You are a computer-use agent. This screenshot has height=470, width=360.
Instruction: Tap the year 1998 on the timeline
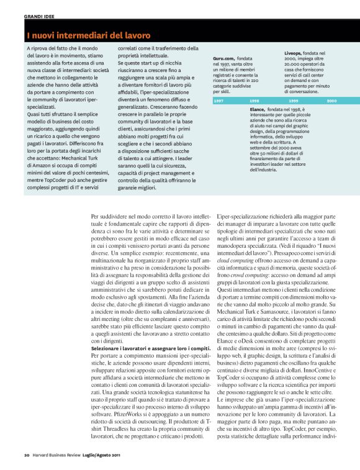point(254,100)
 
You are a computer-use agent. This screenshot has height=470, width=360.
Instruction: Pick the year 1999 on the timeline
point(294,100)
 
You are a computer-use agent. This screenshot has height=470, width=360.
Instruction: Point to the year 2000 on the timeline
point(331,100)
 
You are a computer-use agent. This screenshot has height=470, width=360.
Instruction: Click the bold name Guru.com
point(215,58)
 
